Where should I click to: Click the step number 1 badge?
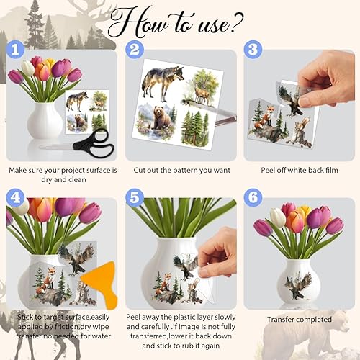click(15, 50)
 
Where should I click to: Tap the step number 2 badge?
click(135, 50)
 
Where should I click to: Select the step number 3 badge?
click(253, 50)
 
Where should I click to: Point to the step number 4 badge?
click(15, 198)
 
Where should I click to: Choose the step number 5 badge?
click(135, 198)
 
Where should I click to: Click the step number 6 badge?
click(253, 198)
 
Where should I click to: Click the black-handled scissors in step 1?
click(79, 143)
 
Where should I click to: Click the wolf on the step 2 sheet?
click(162, 83)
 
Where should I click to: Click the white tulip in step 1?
click(28, 68)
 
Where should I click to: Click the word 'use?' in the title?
click(220, 24)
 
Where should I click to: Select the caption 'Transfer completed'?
click(300, 320)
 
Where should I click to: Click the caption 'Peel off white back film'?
click(300, 170)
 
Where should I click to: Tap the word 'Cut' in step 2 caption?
click(139, 170)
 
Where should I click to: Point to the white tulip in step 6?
click(278, 217)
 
